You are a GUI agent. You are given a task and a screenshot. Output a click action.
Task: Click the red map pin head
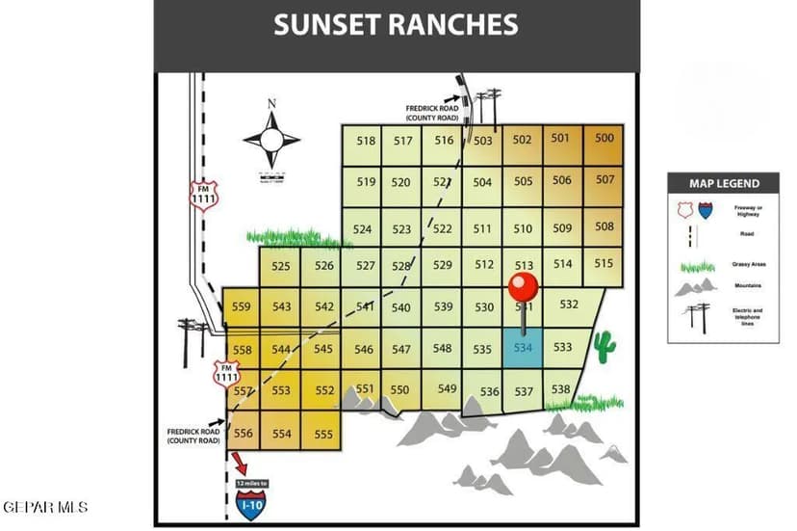click(523, 286)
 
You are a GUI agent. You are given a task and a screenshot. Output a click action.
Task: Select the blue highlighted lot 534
click(523, 347)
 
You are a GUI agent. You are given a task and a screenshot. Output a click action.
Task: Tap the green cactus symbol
click(604, 347)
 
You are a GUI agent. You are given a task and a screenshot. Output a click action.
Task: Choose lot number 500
click(604, 138)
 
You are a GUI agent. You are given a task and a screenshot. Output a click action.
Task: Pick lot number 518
click(366, 141)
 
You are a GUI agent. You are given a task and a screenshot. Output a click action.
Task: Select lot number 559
click(242, 307)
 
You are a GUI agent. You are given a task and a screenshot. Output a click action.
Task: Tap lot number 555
click(323, 434)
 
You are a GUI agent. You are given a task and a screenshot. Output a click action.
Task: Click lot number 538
click(561, 389)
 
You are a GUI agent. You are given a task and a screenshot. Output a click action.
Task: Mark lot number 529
click(442, 265)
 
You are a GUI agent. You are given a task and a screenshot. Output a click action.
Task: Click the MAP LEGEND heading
click(724, 183)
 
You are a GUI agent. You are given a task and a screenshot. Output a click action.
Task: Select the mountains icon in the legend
click(696, 287)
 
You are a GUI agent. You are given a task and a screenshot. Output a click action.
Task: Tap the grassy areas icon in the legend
click(698, 265)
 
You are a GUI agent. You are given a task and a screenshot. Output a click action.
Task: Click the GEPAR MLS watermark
click(45, 506)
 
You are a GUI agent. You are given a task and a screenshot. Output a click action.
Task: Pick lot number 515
click(604, 263)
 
